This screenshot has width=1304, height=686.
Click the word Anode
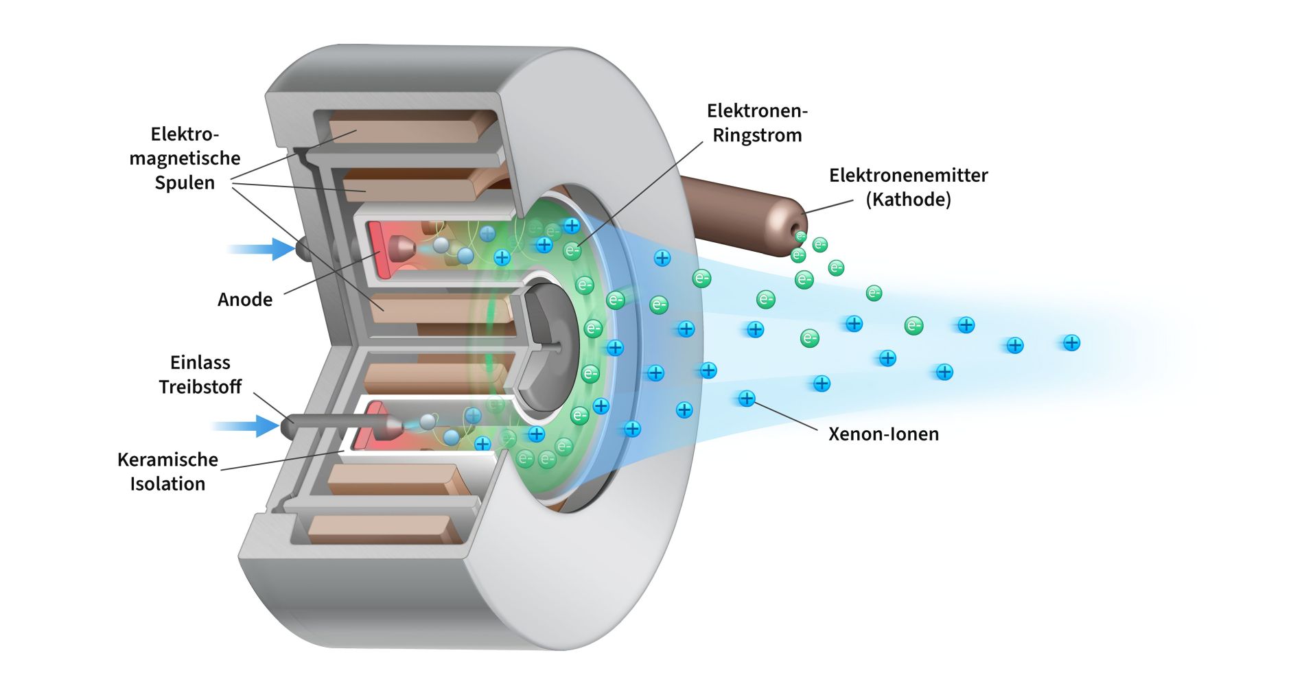point(244,300)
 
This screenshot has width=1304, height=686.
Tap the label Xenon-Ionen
point(883,434)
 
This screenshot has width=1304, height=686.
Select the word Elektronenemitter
point(908,176)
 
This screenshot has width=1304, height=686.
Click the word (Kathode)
point(908,200)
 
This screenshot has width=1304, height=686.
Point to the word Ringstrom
point(757,135)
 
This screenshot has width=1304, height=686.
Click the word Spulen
point(184,183)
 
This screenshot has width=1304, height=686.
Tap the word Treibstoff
point(200,387)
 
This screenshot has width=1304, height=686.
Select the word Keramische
point(167,460)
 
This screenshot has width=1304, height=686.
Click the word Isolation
point(167,484)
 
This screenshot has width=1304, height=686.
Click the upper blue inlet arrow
point(264,248)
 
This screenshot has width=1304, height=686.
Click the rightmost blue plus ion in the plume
point(1071,342)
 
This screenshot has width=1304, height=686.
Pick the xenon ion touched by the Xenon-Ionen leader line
point(746,399)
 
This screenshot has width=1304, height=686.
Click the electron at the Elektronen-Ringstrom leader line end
point(572,251)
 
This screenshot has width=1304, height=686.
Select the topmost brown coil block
point(412,127)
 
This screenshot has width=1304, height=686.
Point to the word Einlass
point(200,362)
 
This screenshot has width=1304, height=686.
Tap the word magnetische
point(185,158)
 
